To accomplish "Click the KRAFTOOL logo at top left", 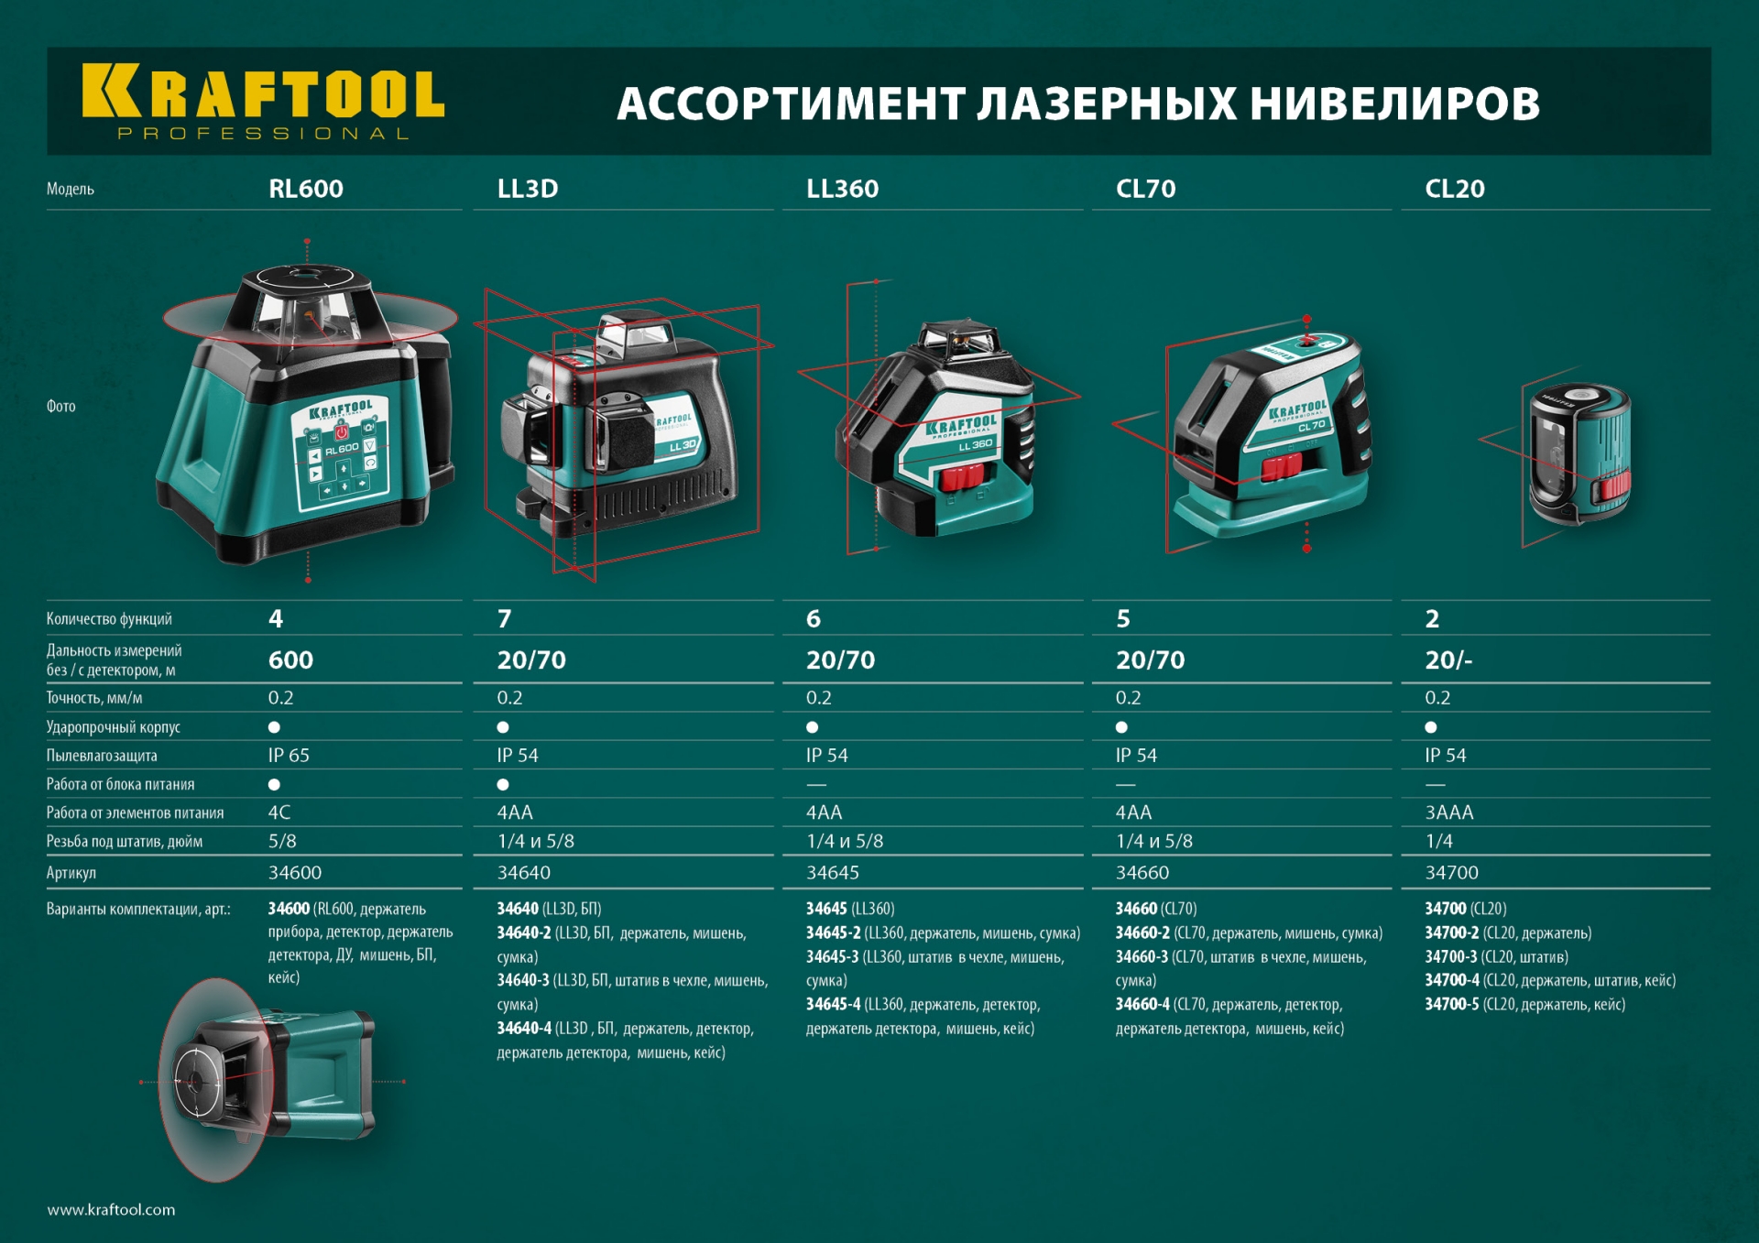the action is pyautogui.click(x=263, y=102).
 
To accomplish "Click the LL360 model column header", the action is pyautogui.click(x=842, y=189).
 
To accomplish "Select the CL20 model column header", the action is pyautogui.click(x=1454, y=189).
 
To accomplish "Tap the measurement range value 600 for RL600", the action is pyautogui.click(x=290, y=660).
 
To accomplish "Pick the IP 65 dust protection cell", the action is pyautogui.click(x=289, y=755).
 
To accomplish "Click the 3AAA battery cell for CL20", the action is pyautogui.click(x=1449, y=812).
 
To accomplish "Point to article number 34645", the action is pyautogui.click(x=833, y=872).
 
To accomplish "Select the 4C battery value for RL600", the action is pyautogui.click(x=279, y=812).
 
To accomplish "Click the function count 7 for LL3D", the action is pyautogui.click(x=504, y=618).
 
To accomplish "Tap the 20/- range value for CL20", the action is pyautogui.click(x=1448, y=660).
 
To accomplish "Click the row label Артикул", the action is pyautogui.click(x=71, y=873).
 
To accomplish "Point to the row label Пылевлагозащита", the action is pyautogui.click(x=102, y=756).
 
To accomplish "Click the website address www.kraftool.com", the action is pyautogui.click(x=111, y=1209).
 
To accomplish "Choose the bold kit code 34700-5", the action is pyautogui.click(x=1451, y=1004).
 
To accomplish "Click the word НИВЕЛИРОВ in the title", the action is pyautogui.click(x=1395, y=104).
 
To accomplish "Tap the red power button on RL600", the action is pyautogui.click(x=342, y=431).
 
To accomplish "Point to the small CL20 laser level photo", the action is pyautogui.click(x=1578, y=453).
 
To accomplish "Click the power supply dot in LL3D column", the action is pyautogui.click(x=503, y=784).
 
